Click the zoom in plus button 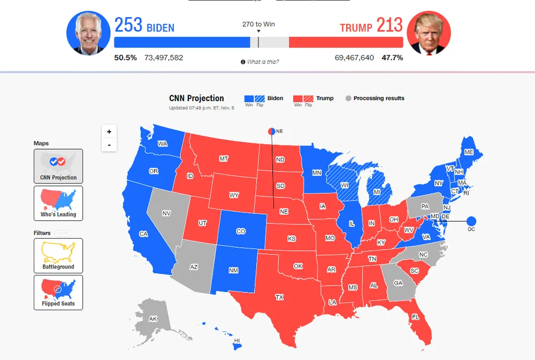tap(109, 132)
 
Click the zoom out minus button tap(109, 145)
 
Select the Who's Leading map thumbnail tap(58, 203)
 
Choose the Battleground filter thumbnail tap(58, 255)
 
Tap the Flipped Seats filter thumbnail tap(58, 292)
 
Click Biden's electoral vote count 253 tap(128, 25)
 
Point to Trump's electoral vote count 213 tap(389, 25)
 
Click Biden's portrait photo tap(88, 33)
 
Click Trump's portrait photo tap(429, 33)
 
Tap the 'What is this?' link tap(262, 62)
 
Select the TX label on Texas tap(279, 297)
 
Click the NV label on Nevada tap(166, 213)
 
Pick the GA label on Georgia tap(398, 284)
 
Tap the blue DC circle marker tap(471, 221)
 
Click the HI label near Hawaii tap(237, 341)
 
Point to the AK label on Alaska tap(153, 319)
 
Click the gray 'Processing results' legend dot tap(348, 98)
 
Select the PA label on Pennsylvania tap(425, 206)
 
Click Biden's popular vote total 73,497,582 tap(164, 57)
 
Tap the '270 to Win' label tap(258, 25)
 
